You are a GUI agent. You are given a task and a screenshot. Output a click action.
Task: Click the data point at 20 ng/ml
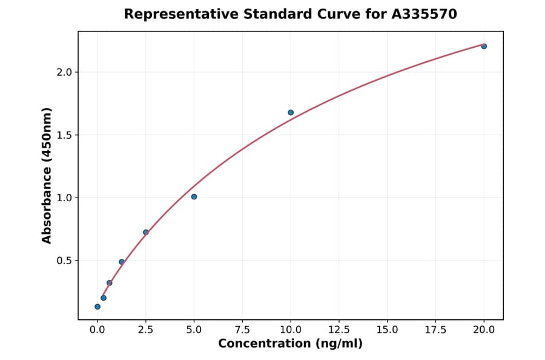point(484,46)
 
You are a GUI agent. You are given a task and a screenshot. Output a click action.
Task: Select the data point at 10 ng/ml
point(291,112)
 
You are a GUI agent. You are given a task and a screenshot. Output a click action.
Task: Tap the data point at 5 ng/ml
point(194,196)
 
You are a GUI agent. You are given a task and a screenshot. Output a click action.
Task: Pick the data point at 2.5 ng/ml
point(146,232)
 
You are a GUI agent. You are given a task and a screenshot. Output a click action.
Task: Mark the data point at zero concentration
point(97,307)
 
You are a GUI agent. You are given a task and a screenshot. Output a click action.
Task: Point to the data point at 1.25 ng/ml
point(122,262)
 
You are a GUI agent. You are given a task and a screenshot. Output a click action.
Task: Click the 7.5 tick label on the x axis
point(242,330)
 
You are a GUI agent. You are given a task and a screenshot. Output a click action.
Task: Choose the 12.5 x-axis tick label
point(339,330)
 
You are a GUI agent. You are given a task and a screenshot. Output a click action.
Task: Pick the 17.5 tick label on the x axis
point(435,330)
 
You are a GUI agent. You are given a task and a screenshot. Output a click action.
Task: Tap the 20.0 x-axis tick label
point(484,330)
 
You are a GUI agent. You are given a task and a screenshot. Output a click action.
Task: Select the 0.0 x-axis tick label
point(97,330)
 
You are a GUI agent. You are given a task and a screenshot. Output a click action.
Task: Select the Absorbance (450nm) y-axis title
point(47,175)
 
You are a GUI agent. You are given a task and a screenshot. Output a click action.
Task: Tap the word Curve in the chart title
point(343,14)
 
